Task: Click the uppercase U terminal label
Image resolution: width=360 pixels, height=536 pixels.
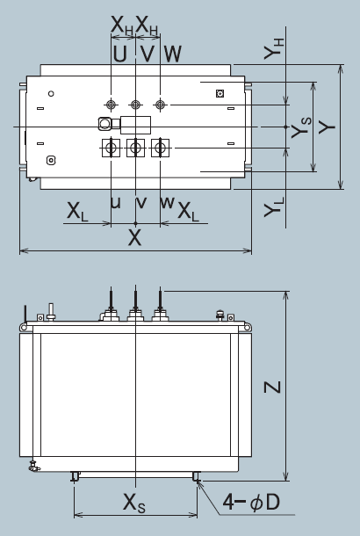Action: (x=119, y=54)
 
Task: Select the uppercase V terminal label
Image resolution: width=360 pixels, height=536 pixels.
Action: (x=148, y=54)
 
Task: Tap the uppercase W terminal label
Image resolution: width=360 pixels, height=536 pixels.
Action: (x=172, y=54)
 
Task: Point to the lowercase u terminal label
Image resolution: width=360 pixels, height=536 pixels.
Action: (x=116, y=202)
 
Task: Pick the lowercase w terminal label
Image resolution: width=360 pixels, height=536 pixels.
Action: (x=168, y=202)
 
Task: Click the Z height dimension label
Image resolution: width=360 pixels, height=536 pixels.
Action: (x=272, y=387)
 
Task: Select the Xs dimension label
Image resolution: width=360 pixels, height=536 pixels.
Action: (x=134, y=503)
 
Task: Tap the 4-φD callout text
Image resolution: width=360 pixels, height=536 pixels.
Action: (x=251, y=502)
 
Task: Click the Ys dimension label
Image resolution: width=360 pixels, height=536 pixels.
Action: (x=301, y=127)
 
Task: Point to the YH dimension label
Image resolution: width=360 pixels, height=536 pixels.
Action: (x=274, y=49)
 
